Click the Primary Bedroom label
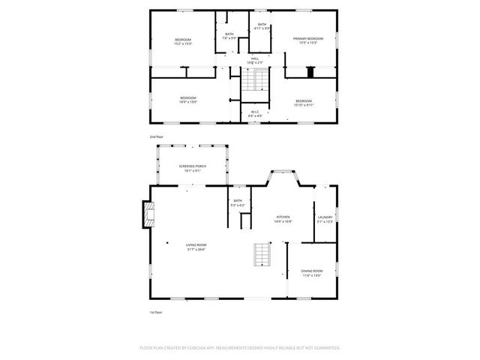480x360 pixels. click(308, 40)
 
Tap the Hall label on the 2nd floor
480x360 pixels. click(255, 60)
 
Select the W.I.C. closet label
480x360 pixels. click(256, 114)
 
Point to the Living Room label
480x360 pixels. click(196, 247)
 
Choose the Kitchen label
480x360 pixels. click(283, 219)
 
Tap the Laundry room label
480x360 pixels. click(325, 219)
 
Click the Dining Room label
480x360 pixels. click(312, 273)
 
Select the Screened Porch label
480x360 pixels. click(193, 168)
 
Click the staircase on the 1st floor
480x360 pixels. click(261, 255)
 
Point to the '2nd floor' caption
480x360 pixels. click(156, 137)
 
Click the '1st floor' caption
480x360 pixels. click(156, 312)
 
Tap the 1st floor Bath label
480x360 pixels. click(238, 202)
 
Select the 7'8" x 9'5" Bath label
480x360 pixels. click(229, 36)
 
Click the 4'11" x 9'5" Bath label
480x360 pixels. click(261, 26)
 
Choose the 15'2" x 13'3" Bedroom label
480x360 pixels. click(183, 42)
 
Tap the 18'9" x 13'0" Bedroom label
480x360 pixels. click(187, 100)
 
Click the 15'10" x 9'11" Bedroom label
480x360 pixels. click(303, 103)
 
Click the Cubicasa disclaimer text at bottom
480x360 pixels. click(240, 348)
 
